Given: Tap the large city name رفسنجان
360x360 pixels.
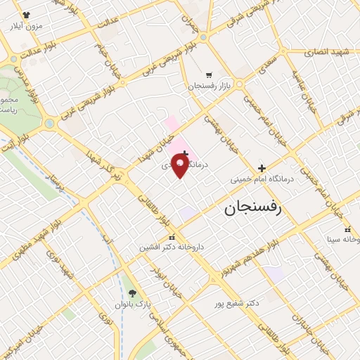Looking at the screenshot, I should click(252, 208).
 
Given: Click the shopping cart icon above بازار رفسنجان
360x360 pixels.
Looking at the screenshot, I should click(209, 75).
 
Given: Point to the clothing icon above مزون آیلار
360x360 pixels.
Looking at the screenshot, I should click(27, 15).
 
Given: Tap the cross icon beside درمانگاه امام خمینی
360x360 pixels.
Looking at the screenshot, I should click(262, 168).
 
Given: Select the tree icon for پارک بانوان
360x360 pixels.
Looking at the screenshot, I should click(133, 293).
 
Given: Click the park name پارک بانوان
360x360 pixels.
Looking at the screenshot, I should click(133, 304).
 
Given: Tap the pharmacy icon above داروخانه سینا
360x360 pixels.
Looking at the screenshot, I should click(347, 229).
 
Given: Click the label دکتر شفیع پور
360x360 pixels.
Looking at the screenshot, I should click(237, 303).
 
